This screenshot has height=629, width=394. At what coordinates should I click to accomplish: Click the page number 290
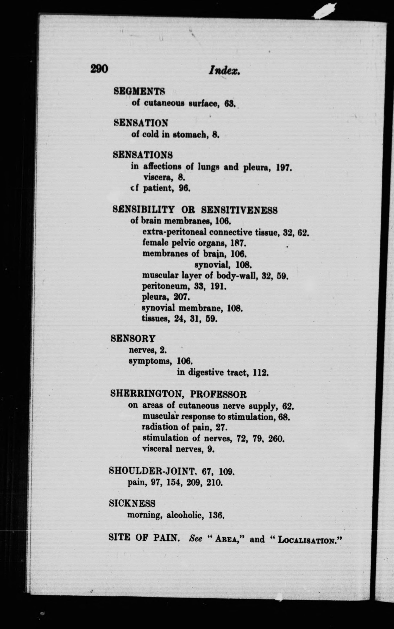(x=99, y=69)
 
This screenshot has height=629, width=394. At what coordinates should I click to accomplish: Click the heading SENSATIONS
(x=143, y=155)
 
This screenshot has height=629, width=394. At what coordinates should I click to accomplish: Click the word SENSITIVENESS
(x=239, y=210)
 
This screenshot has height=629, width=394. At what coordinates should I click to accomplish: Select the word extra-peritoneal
(x=174, y=232)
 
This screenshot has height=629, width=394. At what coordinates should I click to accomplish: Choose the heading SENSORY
(x=133, y=338)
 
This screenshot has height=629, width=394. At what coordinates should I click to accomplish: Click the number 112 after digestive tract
(x=261, y=373)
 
